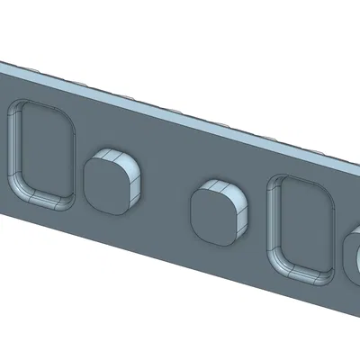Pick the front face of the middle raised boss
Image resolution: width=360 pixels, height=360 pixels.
tap(213, 217)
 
